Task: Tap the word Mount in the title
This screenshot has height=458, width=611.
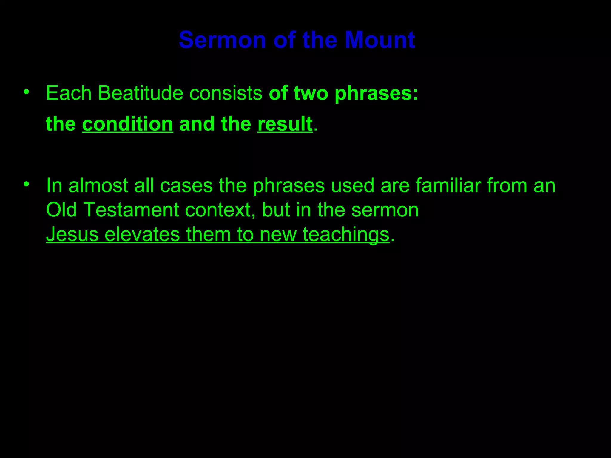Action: coord(380,40)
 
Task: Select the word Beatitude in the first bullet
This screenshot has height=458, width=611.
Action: coord(140,93)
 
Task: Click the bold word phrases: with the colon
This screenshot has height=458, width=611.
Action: coord(376,94)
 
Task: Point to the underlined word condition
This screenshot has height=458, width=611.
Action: coord(127,124)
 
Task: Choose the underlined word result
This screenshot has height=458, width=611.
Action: coord(285,124)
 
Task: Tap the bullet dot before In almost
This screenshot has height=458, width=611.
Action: coord(27,184)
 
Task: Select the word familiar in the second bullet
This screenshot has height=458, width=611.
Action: coord(448,185)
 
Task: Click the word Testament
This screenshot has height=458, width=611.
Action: coord(131,210)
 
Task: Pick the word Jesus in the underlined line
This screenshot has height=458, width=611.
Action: coord(72,234)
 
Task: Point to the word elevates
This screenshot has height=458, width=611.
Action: coord(142,234)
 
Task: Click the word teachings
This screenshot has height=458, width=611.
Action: coord(346,235)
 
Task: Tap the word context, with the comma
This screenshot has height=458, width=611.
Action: coord(220,210)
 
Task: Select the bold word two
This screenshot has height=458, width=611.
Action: coord(311,93)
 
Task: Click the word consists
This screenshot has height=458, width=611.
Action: coord(226,93)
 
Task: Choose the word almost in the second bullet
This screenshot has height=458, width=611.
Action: coord(98,185)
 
